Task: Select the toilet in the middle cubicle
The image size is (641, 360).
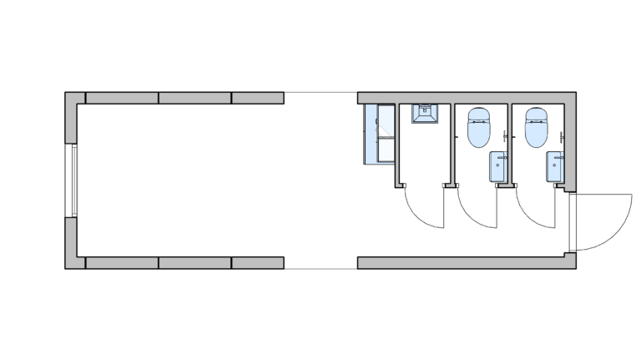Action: [479, 127]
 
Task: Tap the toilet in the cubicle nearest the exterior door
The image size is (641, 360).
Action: [536, 127]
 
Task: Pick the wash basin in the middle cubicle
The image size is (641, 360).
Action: [498, 165]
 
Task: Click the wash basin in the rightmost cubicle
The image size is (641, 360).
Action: [555, 165]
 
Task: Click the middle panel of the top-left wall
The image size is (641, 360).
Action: [194, 98]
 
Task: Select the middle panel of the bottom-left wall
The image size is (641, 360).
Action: [194, 262]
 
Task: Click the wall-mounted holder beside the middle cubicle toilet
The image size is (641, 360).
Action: [507, 135]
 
